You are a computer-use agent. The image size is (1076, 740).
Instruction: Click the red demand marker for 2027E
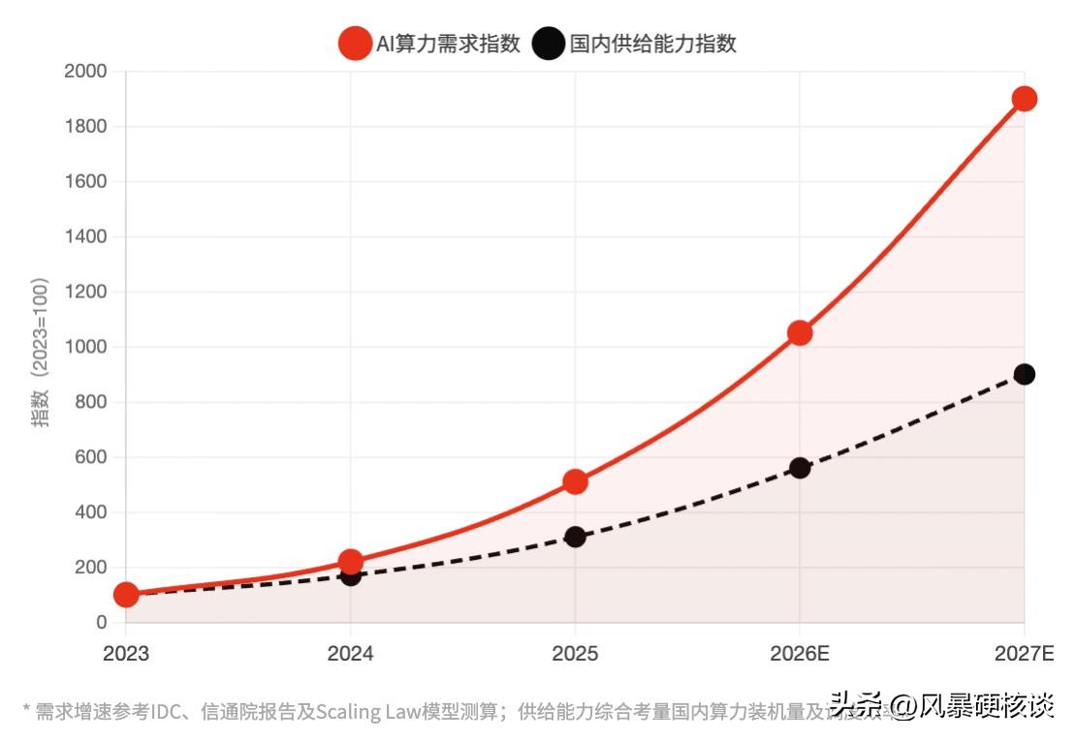click(1024, 99)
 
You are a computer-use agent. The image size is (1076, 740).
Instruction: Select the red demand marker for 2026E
click(800, 333)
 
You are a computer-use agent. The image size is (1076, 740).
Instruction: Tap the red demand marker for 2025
click(575, 481)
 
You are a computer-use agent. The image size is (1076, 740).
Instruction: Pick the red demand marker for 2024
click(351, 562)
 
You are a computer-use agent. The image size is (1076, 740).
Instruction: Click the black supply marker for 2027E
click(1024, 375)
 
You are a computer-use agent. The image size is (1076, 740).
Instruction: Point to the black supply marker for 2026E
click(800, 468)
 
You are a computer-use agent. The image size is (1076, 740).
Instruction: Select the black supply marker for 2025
click(575, 537)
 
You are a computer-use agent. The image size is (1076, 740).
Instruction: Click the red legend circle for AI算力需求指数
click(355, 44)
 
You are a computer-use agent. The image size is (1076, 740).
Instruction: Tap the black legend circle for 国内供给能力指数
click(549, 44)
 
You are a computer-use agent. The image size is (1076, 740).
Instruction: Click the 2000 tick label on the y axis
click(85, 72)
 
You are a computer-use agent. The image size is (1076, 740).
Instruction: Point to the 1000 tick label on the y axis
click(85, 347)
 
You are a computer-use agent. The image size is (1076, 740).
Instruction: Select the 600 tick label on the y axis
click(91, 457)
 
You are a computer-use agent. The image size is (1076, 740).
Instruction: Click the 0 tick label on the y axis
click(101, 623)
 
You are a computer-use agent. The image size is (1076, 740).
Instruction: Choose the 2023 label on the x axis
click(126, 654)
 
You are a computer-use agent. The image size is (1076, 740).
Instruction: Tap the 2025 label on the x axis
click(575, 654)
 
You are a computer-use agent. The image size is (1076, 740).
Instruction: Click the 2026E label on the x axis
click(800, 654)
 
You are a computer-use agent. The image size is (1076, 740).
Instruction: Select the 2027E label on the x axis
click(1024, 654)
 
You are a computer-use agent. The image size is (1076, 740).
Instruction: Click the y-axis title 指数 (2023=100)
click(40, 353)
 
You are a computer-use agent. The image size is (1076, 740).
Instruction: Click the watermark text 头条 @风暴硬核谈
click(941, 706)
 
